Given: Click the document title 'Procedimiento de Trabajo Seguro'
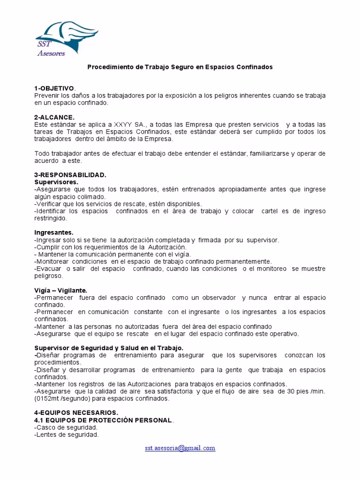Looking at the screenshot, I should pos(180,67).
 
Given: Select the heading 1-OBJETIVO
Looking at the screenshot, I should pos(54,89).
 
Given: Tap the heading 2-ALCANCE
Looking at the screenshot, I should pos(54,117).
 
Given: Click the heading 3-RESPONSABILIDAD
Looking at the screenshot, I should pos(70,174).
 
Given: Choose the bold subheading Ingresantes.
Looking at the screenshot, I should pos(54,232).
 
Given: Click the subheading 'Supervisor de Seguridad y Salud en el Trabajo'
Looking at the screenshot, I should pos(109,348).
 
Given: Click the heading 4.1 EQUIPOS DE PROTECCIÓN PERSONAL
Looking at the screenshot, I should pos(104,420).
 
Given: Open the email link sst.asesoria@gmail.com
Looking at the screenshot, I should pos(180,448).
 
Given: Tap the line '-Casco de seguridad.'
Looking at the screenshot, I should pos(66,427).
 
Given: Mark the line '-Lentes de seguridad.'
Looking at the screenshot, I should pos(67,434).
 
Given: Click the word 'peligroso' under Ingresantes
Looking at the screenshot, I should pos(49,276).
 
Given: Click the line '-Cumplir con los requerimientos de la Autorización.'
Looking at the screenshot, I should pos(111,247).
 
